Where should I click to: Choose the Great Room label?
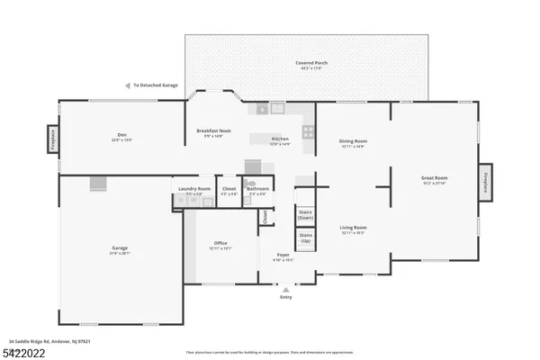(x=434, y=179)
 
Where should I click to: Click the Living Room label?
(x=353, y=229)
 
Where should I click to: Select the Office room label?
(x=220, y=245)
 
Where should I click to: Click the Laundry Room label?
(x=193, y=190)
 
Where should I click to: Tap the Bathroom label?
(x=258, y=190)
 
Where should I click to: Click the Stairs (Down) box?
(x=304, y=214)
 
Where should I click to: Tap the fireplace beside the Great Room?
(x=487, y=183)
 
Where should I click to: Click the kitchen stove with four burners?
(x=307, y=130)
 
